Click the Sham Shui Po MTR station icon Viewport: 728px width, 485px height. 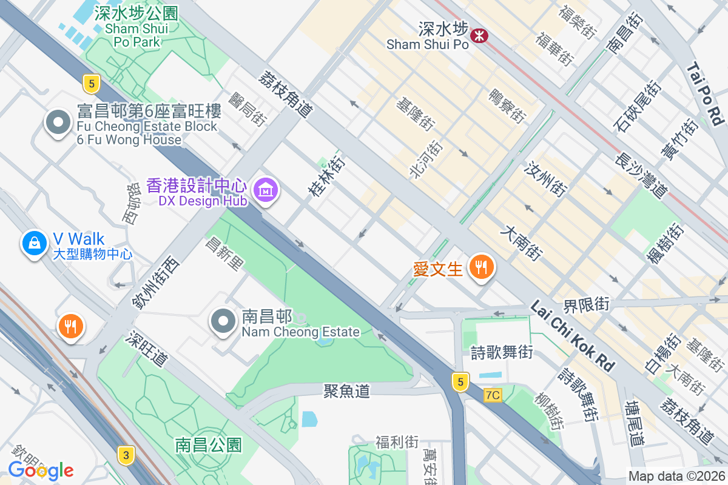(x=480, y=36)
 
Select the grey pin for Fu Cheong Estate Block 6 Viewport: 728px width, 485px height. (x=58, y=122)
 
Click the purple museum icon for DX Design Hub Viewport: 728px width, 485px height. (x=266, y=191)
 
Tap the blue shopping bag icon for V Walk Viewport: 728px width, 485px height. (x=35, y=243)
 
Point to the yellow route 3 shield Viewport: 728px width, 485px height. (x=126, y=455)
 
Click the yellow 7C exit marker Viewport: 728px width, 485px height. (x=493, y=395)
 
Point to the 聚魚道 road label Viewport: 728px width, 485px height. (x=346, y=391)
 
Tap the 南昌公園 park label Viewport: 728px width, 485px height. (x=209, y=445)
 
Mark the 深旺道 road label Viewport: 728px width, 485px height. (x=147, y=349)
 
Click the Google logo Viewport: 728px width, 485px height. (x=41, y=470)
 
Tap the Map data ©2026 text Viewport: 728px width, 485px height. (x=676, y=477)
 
